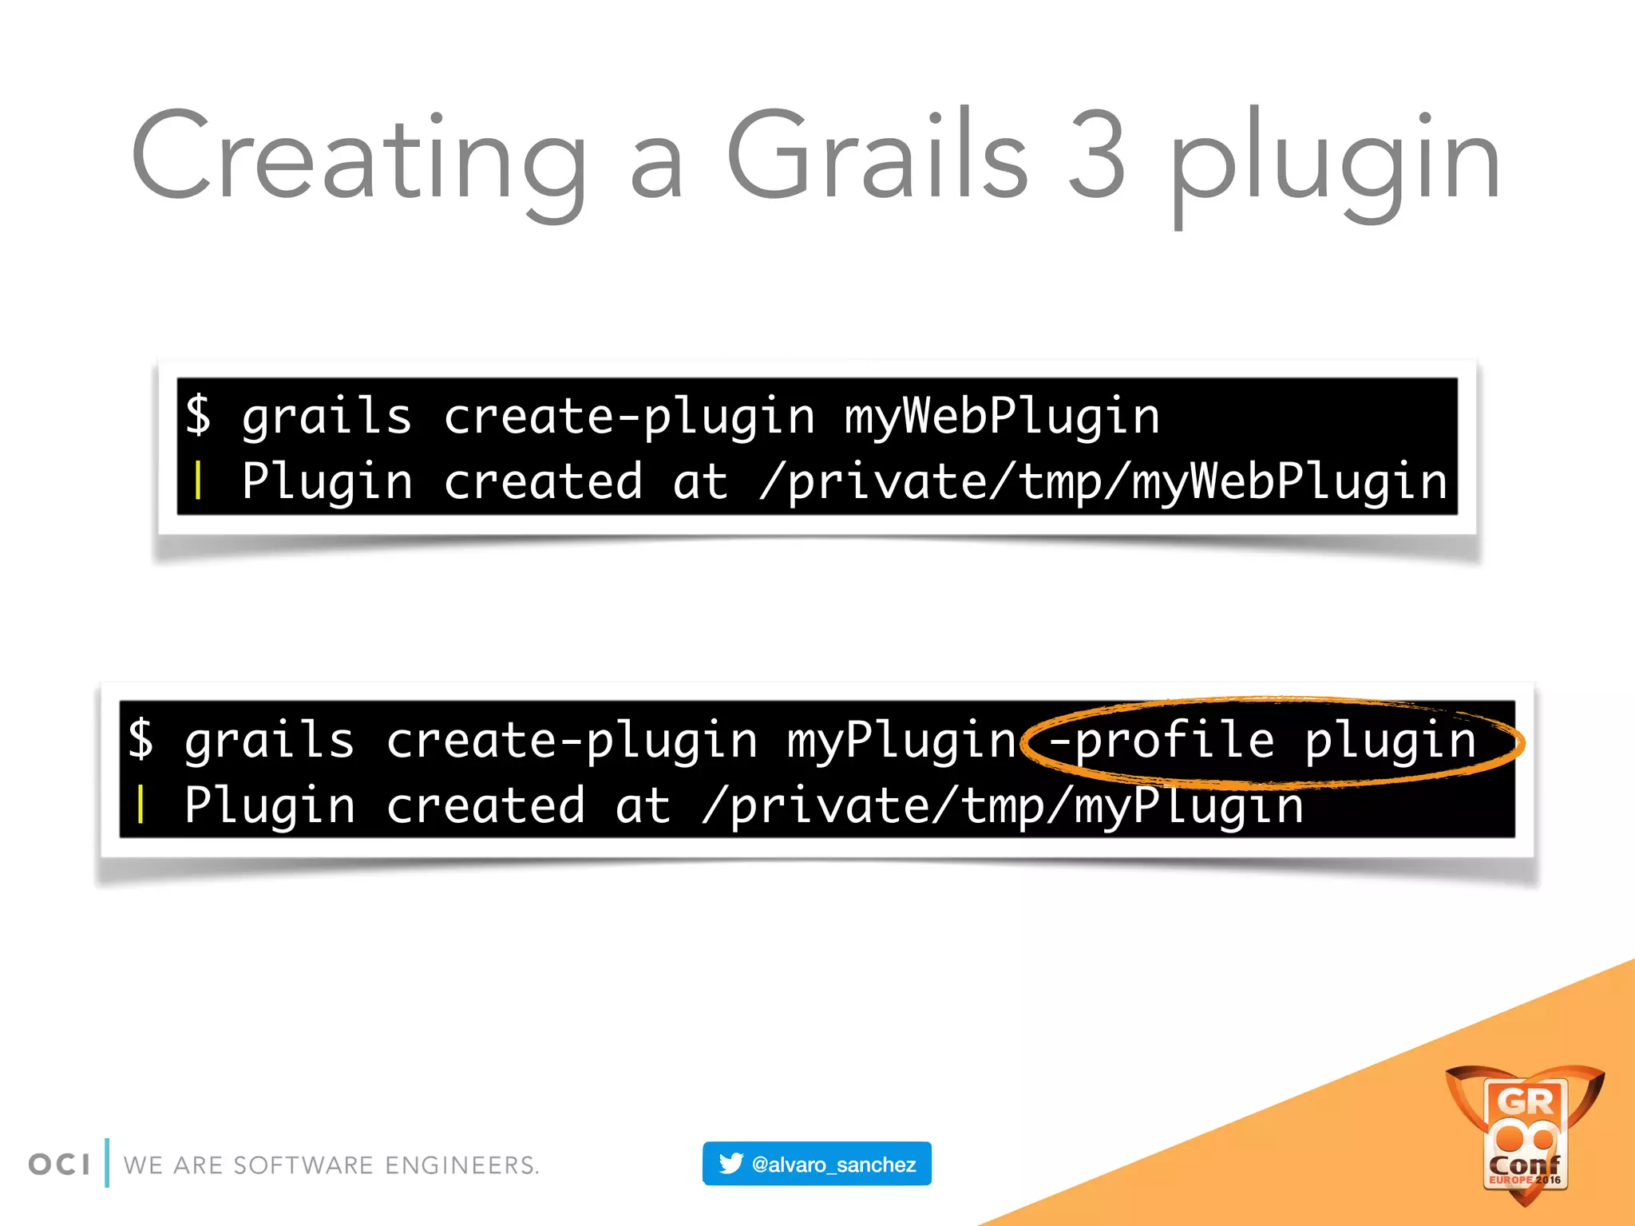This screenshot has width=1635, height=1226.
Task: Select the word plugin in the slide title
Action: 1335,164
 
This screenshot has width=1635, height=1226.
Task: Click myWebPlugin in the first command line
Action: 1002,417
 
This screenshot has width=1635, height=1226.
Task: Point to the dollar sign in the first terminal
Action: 199,415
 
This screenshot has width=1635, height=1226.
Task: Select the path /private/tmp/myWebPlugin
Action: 1103,482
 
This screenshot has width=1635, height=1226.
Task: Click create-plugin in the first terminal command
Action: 629,417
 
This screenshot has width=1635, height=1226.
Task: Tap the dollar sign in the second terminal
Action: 141,738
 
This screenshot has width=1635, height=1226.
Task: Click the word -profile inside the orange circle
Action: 1162,740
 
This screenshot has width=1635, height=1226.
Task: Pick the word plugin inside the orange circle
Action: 1390,740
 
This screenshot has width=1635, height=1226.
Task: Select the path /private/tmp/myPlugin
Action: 1003,805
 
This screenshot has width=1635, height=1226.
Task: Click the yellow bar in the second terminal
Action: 141,805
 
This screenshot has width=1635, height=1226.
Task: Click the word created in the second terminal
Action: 485,805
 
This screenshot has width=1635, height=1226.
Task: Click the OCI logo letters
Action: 59,1165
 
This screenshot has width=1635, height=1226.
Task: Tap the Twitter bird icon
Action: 730,1164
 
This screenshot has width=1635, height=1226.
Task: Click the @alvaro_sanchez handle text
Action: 833,1165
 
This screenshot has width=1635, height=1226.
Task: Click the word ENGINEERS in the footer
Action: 461,1165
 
